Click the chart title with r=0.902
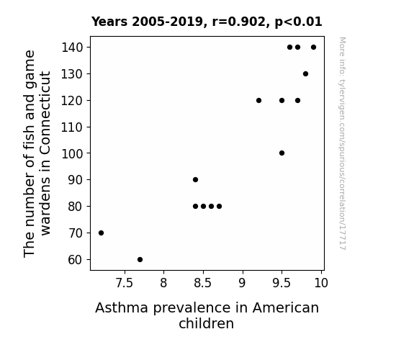click(207, 22)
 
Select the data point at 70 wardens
click(101, 233)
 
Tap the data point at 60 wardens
click(140, 260)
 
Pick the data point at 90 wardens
click(195, 179)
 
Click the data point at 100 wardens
click(282, 153)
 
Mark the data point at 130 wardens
click(305, 74)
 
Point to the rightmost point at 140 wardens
click(313, 48)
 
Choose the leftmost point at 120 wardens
click(258, 100)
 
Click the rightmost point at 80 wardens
click(219, 207)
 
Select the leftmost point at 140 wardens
click(289, 48)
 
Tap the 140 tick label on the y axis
click(72, 48)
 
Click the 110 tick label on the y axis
click(72, 127)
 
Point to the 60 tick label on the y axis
click(76, 260)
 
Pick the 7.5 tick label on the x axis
click(125, 283)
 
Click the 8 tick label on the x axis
click(163, 283)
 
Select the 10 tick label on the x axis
click(321, 283)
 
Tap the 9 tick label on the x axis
click(242, 283)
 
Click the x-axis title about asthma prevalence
click(207, 315)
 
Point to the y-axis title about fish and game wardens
click(37, 153)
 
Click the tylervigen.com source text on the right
click(342, 143)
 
